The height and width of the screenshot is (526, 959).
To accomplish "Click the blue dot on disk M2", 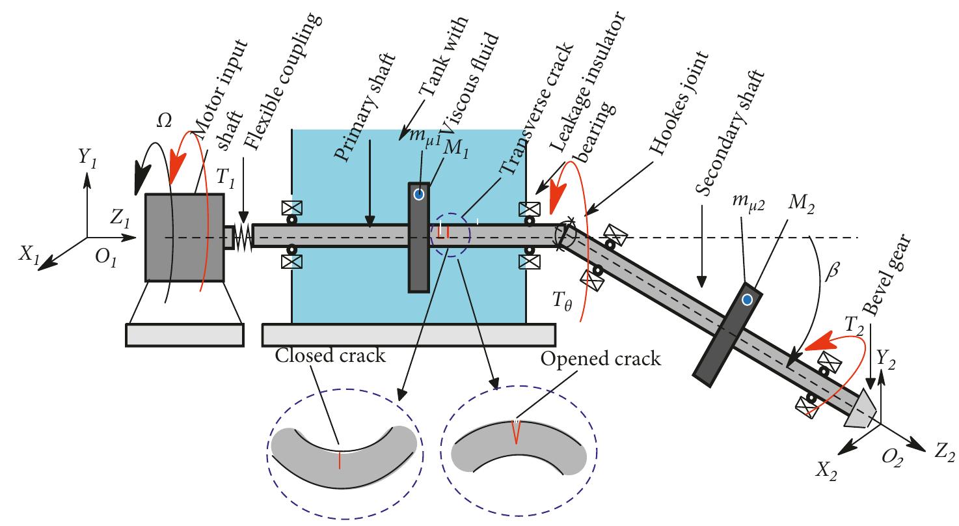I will coord(747,299).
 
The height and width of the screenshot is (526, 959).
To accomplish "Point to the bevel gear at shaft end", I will coord(863,408).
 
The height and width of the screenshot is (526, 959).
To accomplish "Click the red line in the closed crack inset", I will coord(340,459).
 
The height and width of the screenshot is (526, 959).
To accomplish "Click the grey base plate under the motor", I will coord(184,335).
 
